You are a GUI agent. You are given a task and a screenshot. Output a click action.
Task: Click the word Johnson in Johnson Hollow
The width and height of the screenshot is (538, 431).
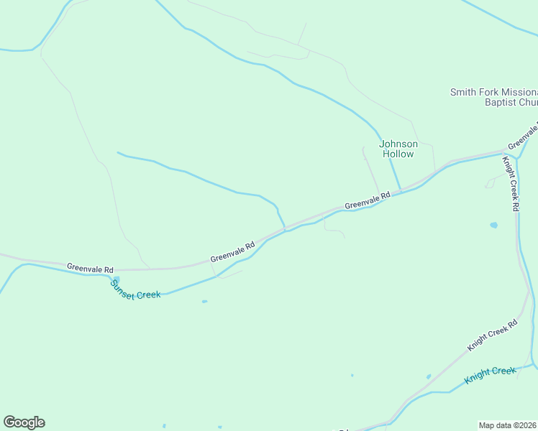point(398,144)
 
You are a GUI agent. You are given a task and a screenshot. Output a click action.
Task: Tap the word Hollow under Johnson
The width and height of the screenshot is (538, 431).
point(398,154)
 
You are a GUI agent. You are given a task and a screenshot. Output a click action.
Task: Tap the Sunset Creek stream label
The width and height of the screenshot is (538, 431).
point(135,289)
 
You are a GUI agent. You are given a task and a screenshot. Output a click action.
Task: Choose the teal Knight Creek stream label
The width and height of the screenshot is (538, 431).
point(490,374)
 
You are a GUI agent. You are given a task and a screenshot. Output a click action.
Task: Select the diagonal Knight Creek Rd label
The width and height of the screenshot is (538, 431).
point(492,335)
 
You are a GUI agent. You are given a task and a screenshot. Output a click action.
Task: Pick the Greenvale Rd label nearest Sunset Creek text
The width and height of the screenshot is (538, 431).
point(90,268)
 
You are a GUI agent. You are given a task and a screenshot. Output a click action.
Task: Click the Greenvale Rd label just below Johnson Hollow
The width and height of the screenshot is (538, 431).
point(367,200)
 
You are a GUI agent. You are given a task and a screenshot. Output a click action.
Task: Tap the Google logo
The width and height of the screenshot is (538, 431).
point(24,422)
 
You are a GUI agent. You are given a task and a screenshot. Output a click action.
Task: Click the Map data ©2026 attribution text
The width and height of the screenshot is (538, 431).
point(508,425)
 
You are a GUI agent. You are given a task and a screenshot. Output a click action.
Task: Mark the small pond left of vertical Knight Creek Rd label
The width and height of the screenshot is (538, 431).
point(493,225)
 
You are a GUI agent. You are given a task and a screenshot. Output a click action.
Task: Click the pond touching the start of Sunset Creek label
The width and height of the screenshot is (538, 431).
point(117,279)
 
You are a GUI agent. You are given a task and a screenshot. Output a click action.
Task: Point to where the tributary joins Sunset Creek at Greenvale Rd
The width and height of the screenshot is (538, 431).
point(286,229)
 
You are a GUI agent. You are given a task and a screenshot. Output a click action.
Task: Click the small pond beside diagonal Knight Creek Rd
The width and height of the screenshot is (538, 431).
point(428,376)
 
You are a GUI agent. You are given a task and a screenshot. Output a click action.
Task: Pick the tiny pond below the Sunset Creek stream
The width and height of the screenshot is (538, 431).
point(204,302)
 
